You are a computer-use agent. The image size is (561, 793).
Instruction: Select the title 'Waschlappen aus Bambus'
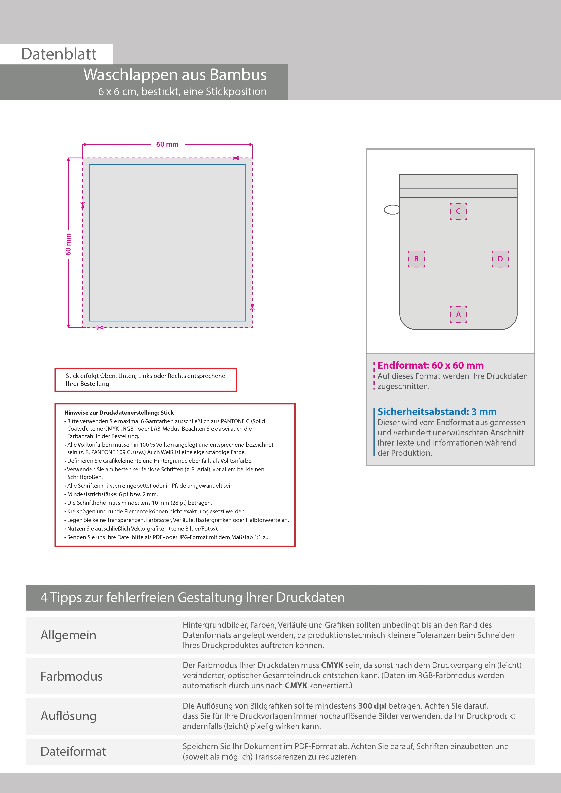click(175, 75)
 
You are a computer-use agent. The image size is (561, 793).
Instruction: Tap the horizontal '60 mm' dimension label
click(167, 144)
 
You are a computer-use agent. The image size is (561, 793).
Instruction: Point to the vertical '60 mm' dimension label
click(69, 244)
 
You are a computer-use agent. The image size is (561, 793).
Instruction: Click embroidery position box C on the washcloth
click(458, 211)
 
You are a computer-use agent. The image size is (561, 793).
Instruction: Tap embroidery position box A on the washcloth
click(458, 314)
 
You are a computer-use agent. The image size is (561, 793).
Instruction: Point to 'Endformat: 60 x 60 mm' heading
click(430, 365)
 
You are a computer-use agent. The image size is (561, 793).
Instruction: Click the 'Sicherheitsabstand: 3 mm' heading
click(437, 412)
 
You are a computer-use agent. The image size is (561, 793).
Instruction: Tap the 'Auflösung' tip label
click(69, 716)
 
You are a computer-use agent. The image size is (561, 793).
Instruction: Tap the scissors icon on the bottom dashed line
click(100, 327)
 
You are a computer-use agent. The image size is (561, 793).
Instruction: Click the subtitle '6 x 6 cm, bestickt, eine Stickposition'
click(182, 92)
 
